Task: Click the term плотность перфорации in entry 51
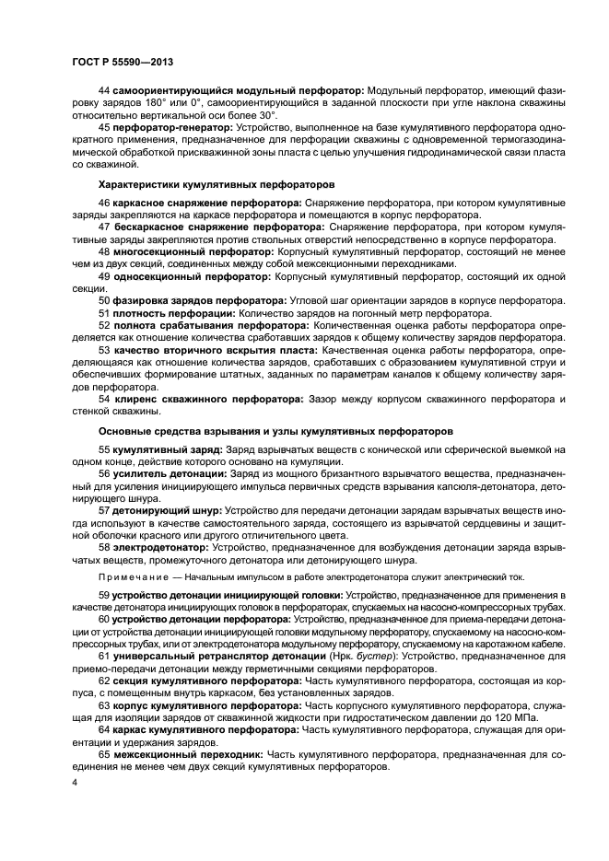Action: (170, 313)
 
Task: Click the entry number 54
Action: (103, 400)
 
